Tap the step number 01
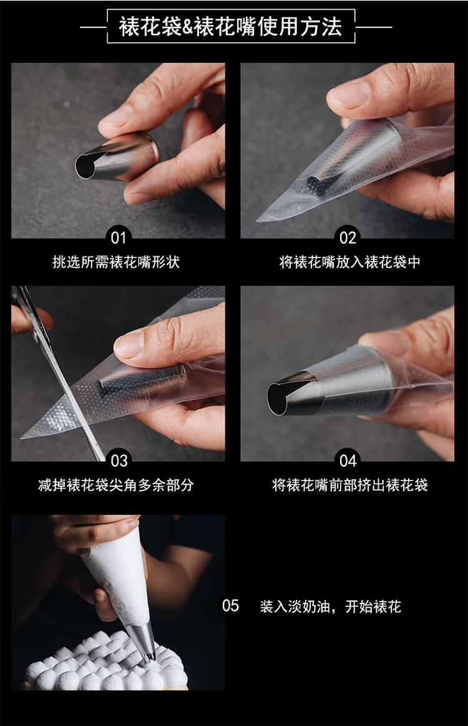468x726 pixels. (x=118, y=237)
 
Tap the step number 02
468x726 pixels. (x=348, y=237)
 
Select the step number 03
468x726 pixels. (x=119, y=461)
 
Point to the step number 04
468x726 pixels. (x=348, y=461)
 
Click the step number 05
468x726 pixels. (x=230, y=605)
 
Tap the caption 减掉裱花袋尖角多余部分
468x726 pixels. (x=116, y=485)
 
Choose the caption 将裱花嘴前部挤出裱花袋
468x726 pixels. (x=350, y=485)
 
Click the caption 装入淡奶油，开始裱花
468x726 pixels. (x=330, y=606)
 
